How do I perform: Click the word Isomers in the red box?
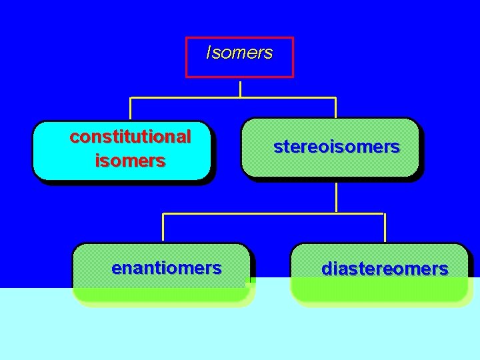[x=239, y=53]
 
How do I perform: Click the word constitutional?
[x=130, y=137]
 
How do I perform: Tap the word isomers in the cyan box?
[x=130, y=161]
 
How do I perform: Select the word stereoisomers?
[x=336, y=147]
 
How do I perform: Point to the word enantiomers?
[x=166, y=268]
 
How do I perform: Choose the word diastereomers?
[x=385, y=269]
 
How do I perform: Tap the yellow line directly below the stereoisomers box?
[x=336, y=197]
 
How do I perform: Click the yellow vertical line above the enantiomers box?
[x=164, y=227]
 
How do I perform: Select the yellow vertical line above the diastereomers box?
[x=385, y=227]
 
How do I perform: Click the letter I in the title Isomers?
[x=209, y=53]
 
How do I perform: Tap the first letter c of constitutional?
[x=74, y=137]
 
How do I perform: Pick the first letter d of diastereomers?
[x=327, y=269]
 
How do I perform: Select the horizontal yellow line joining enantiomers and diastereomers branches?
[x=273, y=214]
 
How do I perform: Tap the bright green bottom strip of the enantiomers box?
[x=160, y=295]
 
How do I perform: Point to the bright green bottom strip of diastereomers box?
[x=380, y=293]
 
